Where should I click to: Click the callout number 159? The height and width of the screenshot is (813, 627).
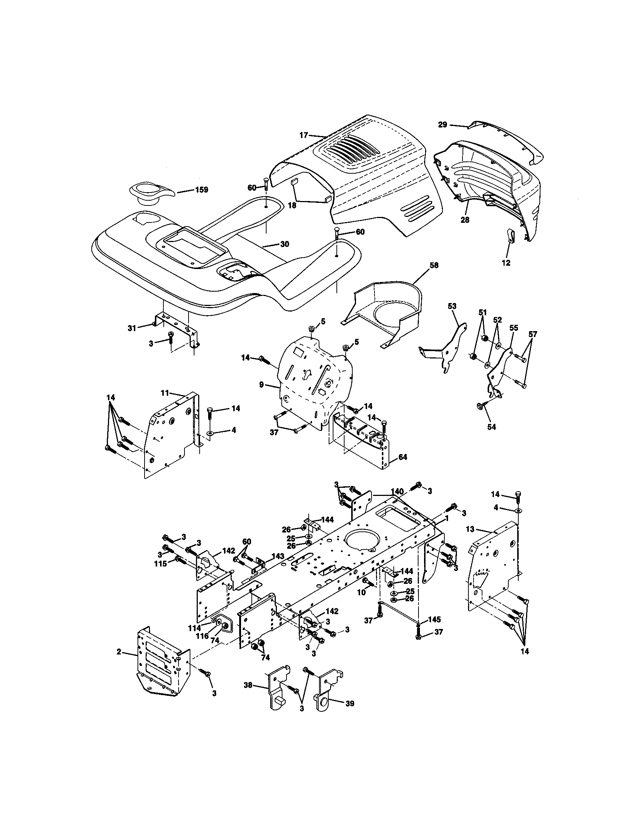pos(201,190)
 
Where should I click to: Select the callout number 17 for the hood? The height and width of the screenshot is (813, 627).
pos(304,135)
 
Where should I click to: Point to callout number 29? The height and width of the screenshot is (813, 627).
pos(442,125)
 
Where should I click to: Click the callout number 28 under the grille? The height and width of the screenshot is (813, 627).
pos(465,220)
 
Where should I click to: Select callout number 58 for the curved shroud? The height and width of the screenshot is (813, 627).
pos(434,265)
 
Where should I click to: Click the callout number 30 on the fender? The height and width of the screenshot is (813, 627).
pos(284,244)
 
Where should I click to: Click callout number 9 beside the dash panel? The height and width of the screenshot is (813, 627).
pos(261,385)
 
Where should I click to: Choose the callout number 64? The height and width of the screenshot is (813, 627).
pos(403,457)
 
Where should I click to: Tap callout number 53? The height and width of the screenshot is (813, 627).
pos(452,306)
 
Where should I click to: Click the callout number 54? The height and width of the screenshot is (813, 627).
pos(491,427)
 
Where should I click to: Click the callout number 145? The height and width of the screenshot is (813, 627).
pos(434,619)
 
